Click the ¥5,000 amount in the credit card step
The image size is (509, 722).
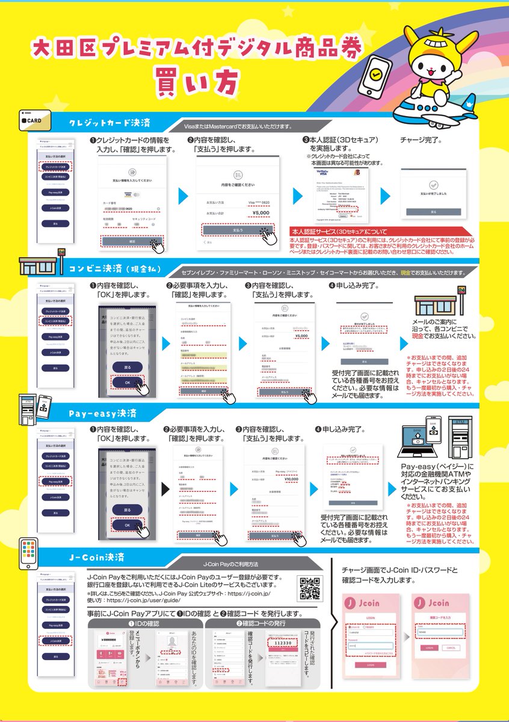(261, 212)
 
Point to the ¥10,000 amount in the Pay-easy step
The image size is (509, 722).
(291, 479)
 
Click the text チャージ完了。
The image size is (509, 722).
(421, 140)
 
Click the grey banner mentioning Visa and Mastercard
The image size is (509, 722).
(239, 127)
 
